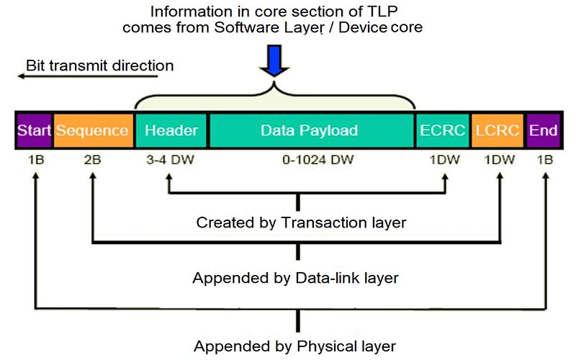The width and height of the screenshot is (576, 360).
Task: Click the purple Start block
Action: pos(34,130)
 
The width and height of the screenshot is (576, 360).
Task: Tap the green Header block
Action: pos(171,130)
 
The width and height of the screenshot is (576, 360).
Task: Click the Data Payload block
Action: pos(309,130)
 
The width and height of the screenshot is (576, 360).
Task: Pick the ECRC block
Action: pos(441,130)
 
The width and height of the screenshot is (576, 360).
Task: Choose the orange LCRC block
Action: pos(498,130)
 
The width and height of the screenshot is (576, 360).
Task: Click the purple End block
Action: pos(543,130)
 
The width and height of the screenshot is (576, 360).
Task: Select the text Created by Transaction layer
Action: pos(301,222)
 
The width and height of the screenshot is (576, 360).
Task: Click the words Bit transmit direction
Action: pos(100,65)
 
